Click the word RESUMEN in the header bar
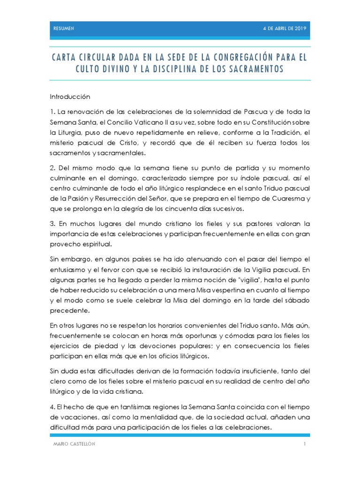(x=64, y=29)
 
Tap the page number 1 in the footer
(x=304, y=444)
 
